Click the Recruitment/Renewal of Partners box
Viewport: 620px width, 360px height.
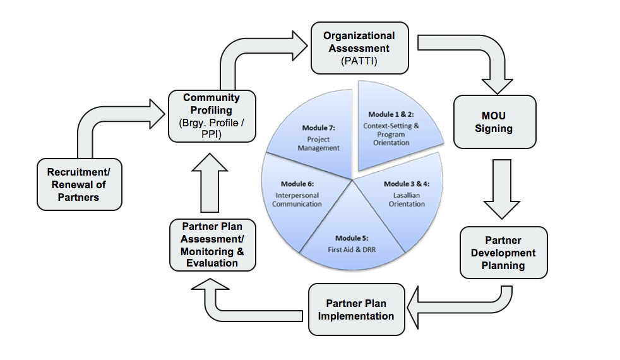click(x=77, y=184)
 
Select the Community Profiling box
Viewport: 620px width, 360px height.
click(x=212, y=116)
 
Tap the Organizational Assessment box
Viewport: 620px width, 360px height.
click(x=359, y=47)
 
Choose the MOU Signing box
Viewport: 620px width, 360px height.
click(x=494, y=122)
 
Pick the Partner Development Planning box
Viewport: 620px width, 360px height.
click(x=503, y=253)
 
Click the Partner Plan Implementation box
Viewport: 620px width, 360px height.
click(x=356, y=309)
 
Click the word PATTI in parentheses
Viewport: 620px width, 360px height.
click(x=359, y=61)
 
